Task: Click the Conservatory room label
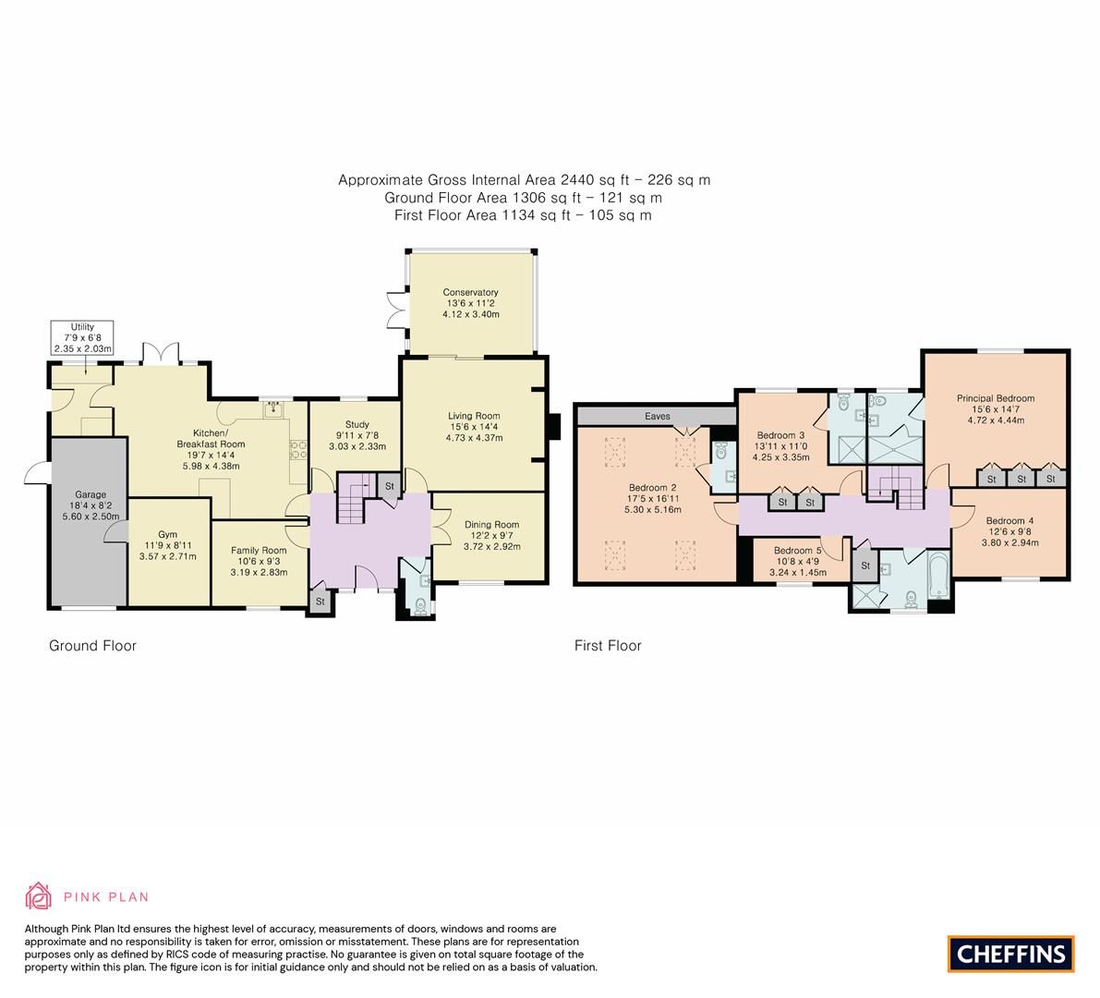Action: point(471,293)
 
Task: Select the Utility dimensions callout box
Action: point(82,338)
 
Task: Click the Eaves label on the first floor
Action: point(658,417)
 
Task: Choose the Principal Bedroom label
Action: point(995,398)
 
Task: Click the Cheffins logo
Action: point(1010,954)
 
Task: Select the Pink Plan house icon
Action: point(40,896)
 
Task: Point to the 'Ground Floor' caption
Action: point(92,646)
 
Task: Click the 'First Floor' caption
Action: point(607,646)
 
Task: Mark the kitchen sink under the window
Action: point(273,412)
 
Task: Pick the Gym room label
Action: point(167,534)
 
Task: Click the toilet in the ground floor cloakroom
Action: point(421,606)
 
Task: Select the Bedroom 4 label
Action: point(1009,521)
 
